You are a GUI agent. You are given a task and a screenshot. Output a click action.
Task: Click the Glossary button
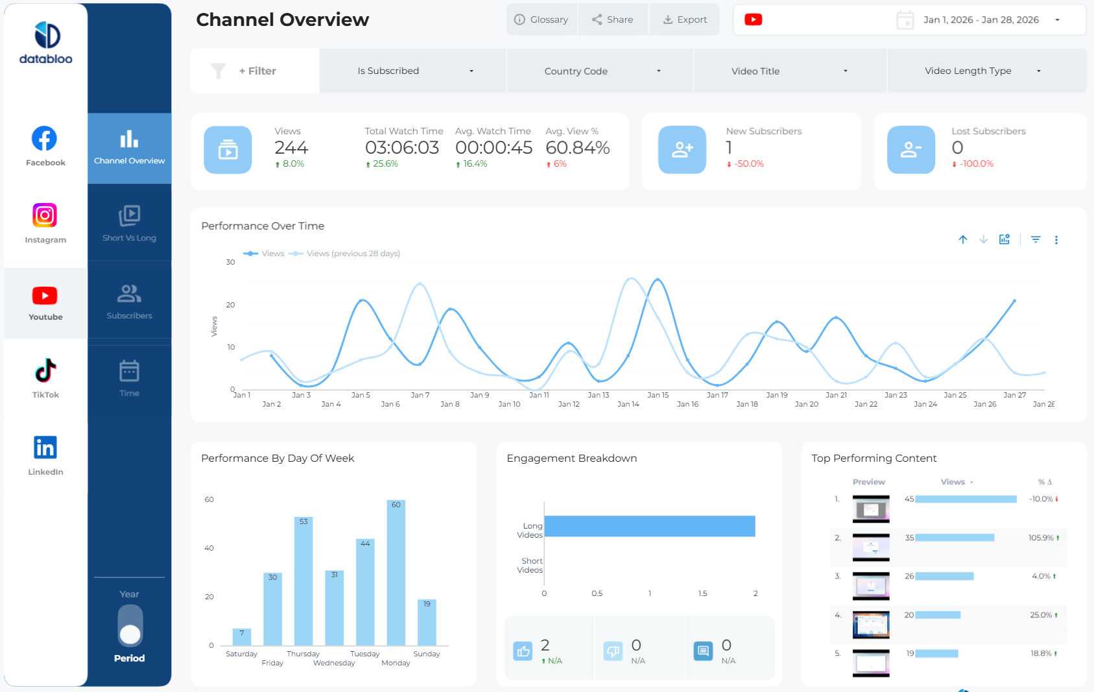tap(541, 19)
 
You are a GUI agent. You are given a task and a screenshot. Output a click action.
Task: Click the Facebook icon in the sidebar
tap(45, 139)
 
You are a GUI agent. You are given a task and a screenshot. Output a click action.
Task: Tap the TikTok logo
tap(45, 371)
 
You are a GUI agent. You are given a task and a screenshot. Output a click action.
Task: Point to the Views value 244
tap(291, 148)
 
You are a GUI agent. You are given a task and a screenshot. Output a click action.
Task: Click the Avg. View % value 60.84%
tap(577, 148)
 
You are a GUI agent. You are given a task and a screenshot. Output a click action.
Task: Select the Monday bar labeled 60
tap(396, 574)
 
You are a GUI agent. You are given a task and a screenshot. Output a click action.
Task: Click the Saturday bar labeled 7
tap(242, 637)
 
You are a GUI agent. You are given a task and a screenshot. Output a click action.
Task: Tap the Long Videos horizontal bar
tap(649, 526)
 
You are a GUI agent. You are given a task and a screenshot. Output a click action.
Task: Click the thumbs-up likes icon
tap(523, 650)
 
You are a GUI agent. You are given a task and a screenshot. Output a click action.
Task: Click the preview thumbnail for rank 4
tap(871, 625)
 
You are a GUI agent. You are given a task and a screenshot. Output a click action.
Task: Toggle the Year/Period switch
tap(130, 626)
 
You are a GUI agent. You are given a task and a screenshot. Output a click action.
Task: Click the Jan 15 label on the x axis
tap(658, 395)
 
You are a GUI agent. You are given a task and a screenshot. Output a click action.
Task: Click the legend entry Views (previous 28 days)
tap(352, 254)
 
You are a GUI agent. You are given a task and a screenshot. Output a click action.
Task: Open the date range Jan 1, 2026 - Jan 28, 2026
tap(981, 20)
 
